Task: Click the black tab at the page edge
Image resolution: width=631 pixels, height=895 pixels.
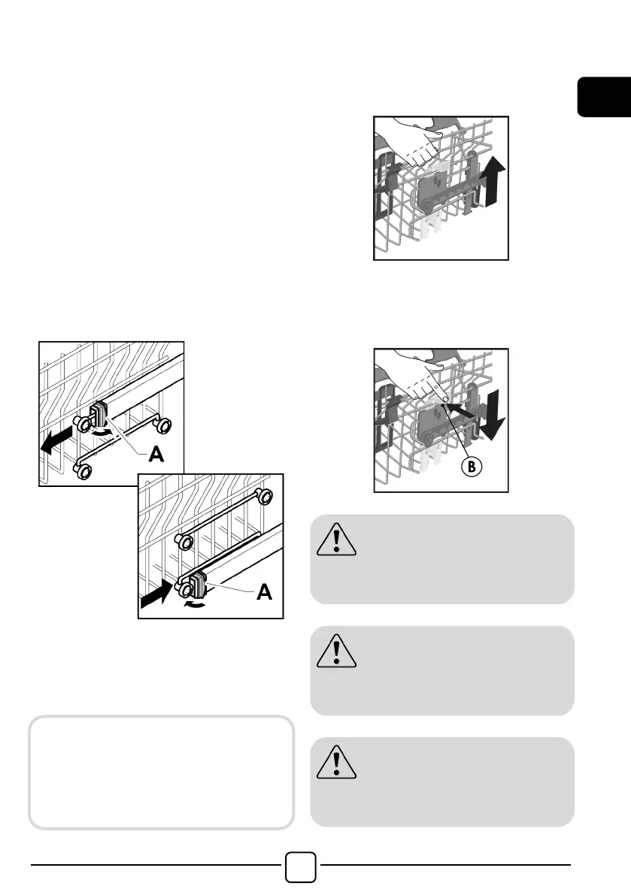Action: point(604,97)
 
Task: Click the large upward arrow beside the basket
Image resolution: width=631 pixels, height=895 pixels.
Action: point(492,181)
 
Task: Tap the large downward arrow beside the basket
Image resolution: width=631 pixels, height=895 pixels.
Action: point(491,414)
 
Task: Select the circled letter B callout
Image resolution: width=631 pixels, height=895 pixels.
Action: point(472,467)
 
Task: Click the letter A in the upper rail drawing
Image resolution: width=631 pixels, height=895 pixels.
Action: point(156,454)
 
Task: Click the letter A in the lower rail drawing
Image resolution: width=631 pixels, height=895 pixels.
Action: point(264,592)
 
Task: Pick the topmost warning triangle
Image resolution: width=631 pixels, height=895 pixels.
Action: point(336,540)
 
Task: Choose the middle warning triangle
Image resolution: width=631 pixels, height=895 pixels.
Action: point(336,651)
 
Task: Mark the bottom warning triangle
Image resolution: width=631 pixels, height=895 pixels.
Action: point(336,762)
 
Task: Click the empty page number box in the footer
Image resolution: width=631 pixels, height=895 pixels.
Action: point(300,867)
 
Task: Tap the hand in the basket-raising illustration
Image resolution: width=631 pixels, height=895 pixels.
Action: point(409,141)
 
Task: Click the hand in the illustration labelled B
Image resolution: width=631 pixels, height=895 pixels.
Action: point(412,374)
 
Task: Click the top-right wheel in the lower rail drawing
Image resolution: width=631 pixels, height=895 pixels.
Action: point(263,496)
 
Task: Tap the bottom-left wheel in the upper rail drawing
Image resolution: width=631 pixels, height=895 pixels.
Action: point(83,471)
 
